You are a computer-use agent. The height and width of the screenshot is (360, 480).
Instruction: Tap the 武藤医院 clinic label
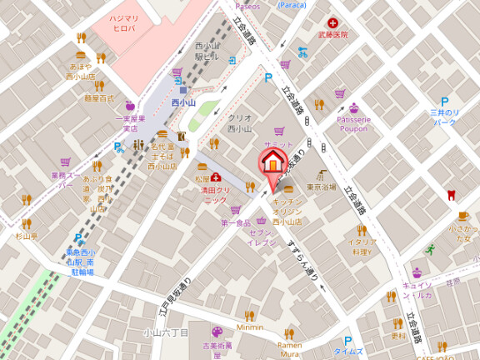pyautogui.click(x=332, y=35)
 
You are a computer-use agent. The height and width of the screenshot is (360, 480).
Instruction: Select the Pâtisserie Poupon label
pyautogui.click(x=354, y=123)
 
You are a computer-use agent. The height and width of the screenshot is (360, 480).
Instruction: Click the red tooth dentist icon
pyautogui.click(x=452, y=195)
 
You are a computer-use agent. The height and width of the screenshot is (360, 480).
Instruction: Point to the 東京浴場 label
pyautogui.click(x=321, y=187)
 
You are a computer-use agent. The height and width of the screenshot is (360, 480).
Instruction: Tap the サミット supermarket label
pyautogui.click(x=278, y=144)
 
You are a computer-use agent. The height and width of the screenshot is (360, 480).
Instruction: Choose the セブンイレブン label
pyautogui.click(x=267, y=236)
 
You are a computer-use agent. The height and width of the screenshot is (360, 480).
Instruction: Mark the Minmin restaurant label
pyautogui.click(x=248, y=327)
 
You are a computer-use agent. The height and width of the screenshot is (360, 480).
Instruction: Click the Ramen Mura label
pyautogui.click(x=290, y=348)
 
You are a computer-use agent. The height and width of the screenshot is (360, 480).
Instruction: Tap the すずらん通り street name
pyautogui.click(x=302, y=258)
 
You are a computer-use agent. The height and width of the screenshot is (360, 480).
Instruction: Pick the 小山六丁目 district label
pyautogui.click(x=167, y=332)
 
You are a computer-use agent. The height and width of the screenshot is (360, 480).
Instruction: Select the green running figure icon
pyautogui.click(x=430, y=248)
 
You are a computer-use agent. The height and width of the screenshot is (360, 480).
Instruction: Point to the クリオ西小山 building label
pyautogui.click(x=240, y=123)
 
